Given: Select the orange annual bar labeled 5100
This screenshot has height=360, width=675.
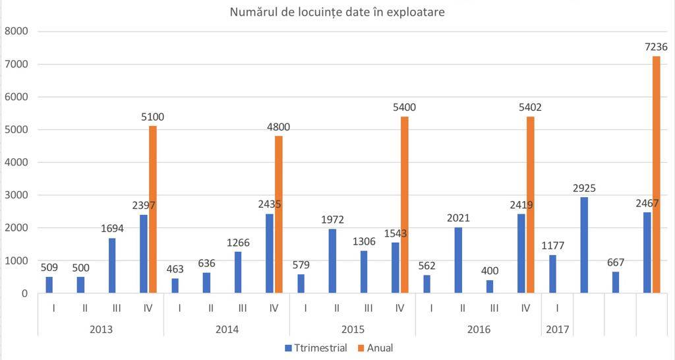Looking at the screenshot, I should (153, 210).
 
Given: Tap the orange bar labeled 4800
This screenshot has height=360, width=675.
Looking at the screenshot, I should (278, 214).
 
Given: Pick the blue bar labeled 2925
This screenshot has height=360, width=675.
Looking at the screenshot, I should (584, 245).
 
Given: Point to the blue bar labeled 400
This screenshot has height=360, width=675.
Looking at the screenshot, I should (490, 286).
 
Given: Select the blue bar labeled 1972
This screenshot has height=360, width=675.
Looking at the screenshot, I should (332, 260).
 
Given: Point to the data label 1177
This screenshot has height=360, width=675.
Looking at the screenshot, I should (552, 245).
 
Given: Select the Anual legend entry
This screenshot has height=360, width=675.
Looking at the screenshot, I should (376, 347).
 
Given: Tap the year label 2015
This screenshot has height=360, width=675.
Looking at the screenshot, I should (352, 328).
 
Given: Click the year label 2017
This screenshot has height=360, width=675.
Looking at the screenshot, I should (557, 328).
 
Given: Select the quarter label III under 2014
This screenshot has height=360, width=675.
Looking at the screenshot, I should (242, 307).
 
